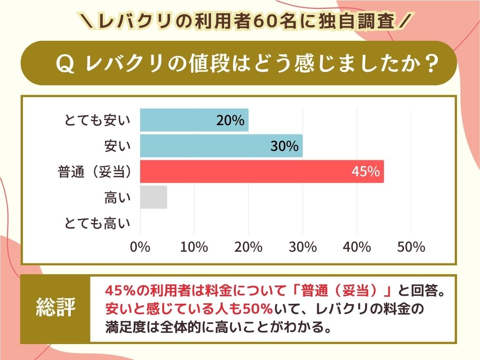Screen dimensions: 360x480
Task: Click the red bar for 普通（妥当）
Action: coord(262,172)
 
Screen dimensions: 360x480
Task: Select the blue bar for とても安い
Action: coord(194,120)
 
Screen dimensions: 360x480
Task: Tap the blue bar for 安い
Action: coord(221,146)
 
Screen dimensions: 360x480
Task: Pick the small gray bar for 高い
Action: coord(154,197)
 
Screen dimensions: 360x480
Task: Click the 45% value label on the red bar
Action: coord(366,172)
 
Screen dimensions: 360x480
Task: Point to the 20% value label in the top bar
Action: coord(230,121)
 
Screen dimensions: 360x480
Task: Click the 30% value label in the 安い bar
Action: coord(285,147)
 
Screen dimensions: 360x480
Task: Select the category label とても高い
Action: coord(97,224)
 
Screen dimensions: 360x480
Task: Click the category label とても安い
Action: coord(97,121)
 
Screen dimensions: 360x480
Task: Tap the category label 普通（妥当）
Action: coord(94,172)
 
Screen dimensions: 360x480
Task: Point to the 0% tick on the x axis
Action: coord(140,247)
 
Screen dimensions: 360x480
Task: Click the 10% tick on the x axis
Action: coord(194,247)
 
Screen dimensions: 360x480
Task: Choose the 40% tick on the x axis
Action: coord(357,247)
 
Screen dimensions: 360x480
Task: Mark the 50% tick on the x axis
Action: coord(411,247)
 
